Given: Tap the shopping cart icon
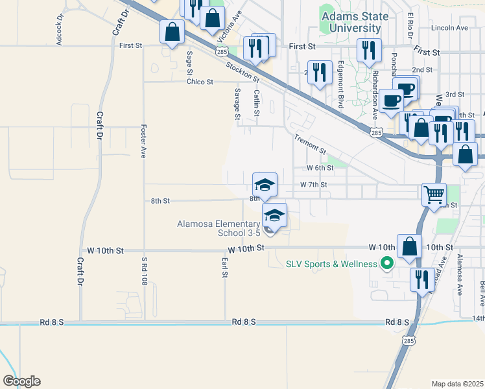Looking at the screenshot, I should tap(434, 193).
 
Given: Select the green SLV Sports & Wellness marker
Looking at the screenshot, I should tap(388, 264).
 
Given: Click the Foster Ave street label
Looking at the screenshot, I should tap(143, 141).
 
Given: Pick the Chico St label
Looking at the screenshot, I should tap(200, 82).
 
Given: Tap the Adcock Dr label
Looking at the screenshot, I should tap(60, 29).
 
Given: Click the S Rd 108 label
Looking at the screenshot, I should tap(145, 272).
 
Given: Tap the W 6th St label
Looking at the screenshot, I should tap(320, 167).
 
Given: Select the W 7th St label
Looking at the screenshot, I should tap(313, 185).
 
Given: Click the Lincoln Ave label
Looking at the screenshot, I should tap(453, 28).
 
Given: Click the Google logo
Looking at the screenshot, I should tap(21, 381).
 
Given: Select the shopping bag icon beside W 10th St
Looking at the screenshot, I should tap(409, 247).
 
